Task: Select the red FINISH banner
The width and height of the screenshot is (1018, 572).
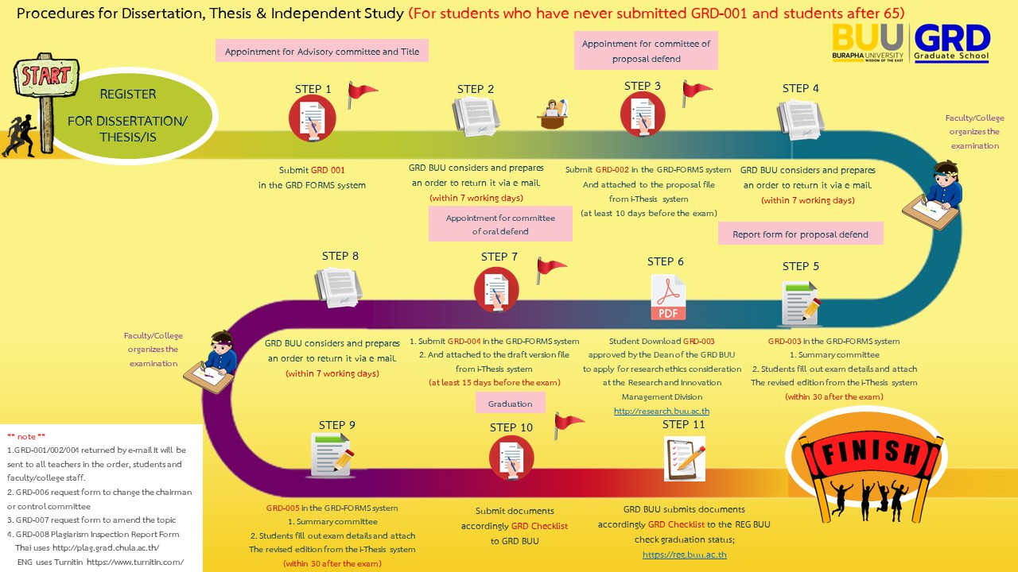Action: pyautogui.click(x=859, y=452)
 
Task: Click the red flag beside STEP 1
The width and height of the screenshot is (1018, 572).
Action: pyautogui.click(x=362, y=95)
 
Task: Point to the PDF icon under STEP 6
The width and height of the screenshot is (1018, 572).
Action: pyautogui.click(x=668, y=297)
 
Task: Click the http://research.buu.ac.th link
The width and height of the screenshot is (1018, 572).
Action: pyautogui.click(x=661, y=411)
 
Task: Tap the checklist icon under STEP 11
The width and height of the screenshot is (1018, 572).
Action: pyautogui.click(x=684, y=458)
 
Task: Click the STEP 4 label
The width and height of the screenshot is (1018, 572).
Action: pyautogui.click(x=800, y=88)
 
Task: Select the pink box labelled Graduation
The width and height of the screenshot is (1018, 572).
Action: pyautogui.click(x=510, y=404)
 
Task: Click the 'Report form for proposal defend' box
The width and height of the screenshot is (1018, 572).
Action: pyautogui.click(x=800, y=234)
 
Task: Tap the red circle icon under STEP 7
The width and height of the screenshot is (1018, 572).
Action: pyautogui.click(x=496, y=289)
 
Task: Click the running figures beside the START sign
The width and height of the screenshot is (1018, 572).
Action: pyautogui.click(x=19, y=135)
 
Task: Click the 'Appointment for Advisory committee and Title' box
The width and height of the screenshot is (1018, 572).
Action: pyautogui.click(x=322, y=52)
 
